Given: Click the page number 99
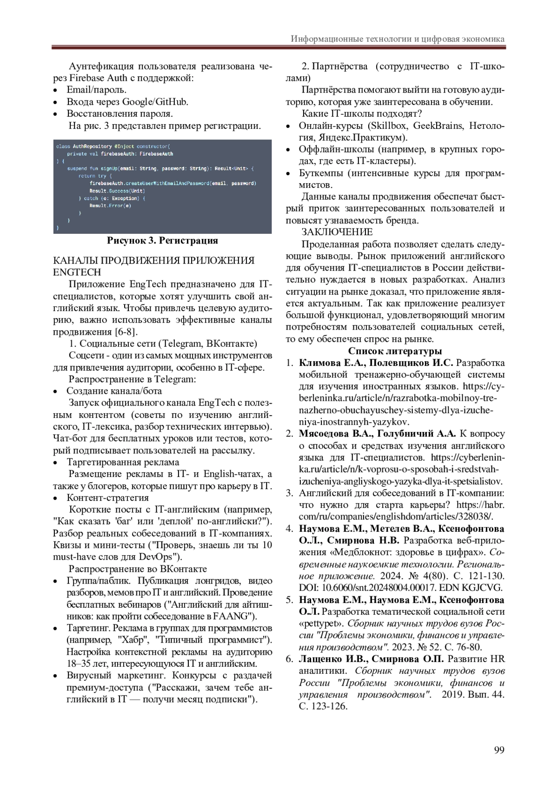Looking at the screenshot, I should [499, 749].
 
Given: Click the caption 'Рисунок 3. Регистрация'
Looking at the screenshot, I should [162, 240].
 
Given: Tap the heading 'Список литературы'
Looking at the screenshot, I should [395, 351].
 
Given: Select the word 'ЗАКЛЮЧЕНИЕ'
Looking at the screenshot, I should [337, 232].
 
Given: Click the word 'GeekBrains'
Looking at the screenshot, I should [438, 126].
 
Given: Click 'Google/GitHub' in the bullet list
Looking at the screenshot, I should [155, 102].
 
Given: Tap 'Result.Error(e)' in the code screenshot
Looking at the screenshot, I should [110, 206].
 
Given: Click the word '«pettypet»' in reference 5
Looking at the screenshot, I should [321, 623].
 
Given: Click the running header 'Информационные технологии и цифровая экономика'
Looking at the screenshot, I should [398, 39].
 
